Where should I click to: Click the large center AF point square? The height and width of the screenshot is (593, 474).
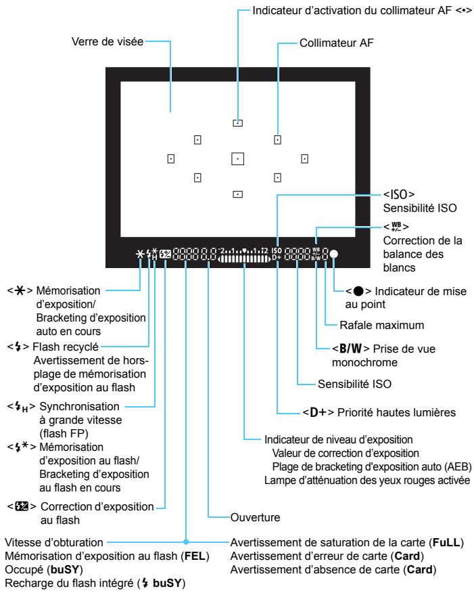pyautogui.click(x=237, y=159)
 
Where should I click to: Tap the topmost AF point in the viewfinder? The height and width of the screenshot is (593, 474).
pyautogui.click(x=237, y=123)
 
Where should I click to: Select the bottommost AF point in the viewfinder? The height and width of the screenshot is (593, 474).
pyautogui.click(x=237, y=194)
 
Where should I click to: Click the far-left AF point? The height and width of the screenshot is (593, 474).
pyautogui.click(x=170, y=159)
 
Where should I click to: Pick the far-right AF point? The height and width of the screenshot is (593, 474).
pyautogui.click(x=304, y=159)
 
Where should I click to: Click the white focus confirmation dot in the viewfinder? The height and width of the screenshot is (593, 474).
pyautogui.click(x=333, y=254)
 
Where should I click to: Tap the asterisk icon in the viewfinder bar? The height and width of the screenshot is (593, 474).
pyautogui.click(x=140, y=254)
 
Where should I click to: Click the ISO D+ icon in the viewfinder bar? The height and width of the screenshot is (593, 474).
pyautogui.click(x=277, y=254)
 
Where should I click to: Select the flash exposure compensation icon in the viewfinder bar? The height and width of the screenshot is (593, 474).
pyautogui.click(x=166, y=254)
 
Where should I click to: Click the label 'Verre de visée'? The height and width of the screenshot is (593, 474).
pyautogui.click(x=108, y=41)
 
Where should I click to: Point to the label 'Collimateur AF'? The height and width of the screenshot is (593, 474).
pyautogui.click(x=336, y=43)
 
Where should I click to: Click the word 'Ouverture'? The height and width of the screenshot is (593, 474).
pyautogui.click(x=256, y=517)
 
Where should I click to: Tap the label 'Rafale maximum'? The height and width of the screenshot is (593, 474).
pyautogui.click(x=381, y=325)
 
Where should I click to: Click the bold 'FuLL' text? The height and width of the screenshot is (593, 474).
pyautogui.click(x=446, y=543)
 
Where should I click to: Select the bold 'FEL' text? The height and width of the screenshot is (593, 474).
pyautogui.click(x=195, y=556)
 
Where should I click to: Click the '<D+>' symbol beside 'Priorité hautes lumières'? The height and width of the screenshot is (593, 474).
pyautogui.click(x=318, y=412)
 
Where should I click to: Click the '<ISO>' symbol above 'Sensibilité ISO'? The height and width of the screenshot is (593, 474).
pyautogui.click(x=399, y=194)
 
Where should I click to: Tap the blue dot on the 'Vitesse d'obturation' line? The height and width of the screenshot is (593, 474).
pyautogui.click(x=186, y=542)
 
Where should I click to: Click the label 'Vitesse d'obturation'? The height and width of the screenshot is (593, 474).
pyautogui.click(x=54, y=542)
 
